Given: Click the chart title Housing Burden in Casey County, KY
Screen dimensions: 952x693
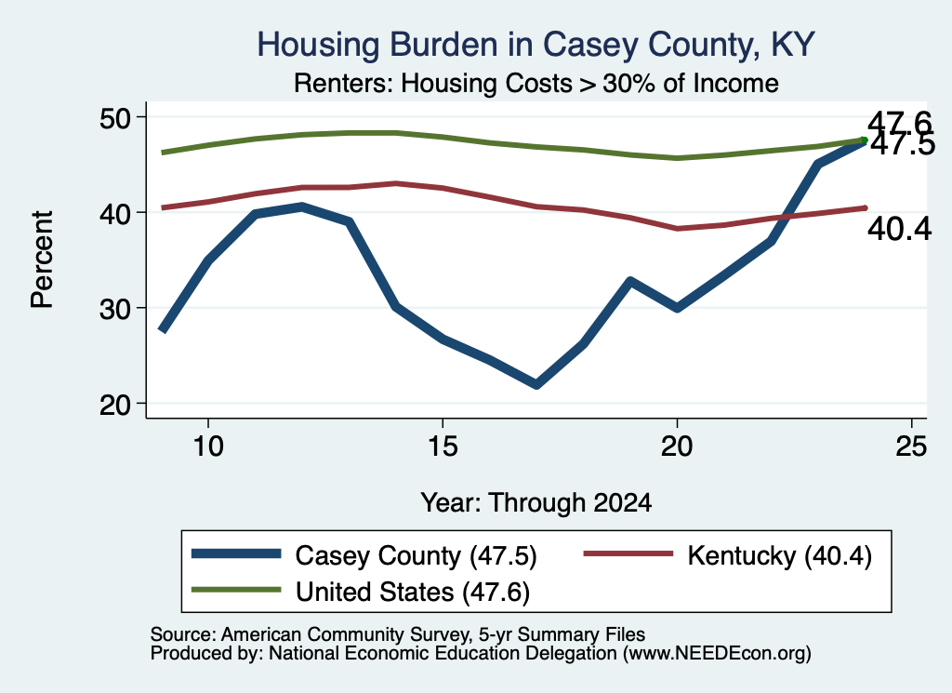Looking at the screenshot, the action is click(x=535, y=45).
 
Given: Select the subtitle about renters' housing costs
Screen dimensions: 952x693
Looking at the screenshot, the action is click(x=536, y=83).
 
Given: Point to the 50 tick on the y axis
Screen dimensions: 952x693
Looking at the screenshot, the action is click(x=115, y=117).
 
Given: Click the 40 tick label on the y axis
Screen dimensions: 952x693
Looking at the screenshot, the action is click(x=115, y=213).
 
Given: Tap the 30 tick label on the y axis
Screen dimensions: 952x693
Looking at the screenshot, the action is click(x=115, y=309).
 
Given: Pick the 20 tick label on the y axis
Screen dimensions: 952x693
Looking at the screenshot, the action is click(x=115, y=405).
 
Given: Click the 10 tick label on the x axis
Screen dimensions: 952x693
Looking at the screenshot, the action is click(x=208, y=446).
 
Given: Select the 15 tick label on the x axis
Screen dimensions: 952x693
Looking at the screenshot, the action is click(x=443, y=446).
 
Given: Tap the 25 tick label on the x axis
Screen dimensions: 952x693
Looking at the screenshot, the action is click(x=911, y=446).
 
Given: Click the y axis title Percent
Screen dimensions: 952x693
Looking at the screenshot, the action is click(x=42, y=260).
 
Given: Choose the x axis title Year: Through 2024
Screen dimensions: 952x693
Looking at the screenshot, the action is click(x=536, y=503).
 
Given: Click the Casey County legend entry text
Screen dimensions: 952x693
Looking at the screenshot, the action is click(x=416, y=555).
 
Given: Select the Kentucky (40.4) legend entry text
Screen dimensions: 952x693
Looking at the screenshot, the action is click(x=780, y=555).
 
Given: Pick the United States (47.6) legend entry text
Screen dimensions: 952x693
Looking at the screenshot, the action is click(x=413, y=592).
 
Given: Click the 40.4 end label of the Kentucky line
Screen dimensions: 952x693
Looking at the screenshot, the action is click(x=899, y=230).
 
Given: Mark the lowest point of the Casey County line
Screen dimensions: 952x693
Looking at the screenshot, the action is click(x=536, y=384).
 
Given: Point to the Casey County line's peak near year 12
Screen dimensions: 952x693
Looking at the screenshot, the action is click(x=302, y=207).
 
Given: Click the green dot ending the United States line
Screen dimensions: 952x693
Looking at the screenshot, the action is click(x=865, y=140).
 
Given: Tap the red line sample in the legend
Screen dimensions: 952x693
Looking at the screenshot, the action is click(x=628, y=553).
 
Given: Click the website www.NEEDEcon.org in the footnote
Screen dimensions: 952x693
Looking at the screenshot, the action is click(x=717, y=654).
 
